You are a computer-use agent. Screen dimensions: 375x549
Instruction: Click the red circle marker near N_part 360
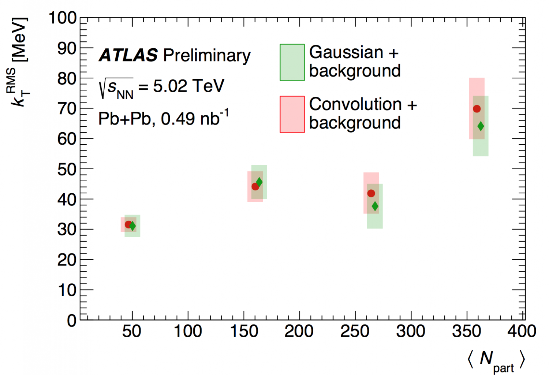click(477, 109)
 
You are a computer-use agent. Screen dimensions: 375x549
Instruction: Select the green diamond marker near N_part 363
click(481, 126)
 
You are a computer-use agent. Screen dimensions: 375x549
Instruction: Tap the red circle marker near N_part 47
click(128, 224)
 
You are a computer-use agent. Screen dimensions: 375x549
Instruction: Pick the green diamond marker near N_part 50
click(132, 226)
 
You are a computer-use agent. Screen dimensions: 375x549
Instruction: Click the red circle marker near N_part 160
click(255, 187)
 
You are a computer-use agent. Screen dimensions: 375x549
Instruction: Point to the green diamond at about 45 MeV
click(259, 182)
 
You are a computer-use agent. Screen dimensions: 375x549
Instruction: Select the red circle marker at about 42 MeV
click(371, 193)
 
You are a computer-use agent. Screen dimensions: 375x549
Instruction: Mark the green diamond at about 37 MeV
click(375, 206)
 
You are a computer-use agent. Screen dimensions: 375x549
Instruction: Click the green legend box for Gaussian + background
click(292, 62)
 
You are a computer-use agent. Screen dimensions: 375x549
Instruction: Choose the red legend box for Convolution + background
click(292, 114)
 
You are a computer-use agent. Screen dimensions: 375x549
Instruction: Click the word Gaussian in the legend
click(346, 52)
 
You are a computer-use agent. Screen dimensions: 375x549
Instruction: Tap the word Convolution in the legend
click(355, 104)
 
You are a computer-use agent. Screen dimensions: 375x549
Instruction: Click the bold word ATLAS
click(128, 55)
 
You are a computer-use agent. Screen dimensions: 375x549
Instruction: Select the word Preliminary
click(207, 55)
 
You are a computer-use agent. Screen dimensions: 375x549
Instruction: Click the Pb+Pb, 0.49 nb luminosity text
click(163, 118)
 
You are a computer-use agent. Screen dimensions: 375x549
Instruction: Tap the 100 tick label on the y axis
click(63, 18)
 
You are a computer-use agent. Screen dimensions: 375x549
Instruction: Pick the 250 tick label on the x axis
click(355, 331)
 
